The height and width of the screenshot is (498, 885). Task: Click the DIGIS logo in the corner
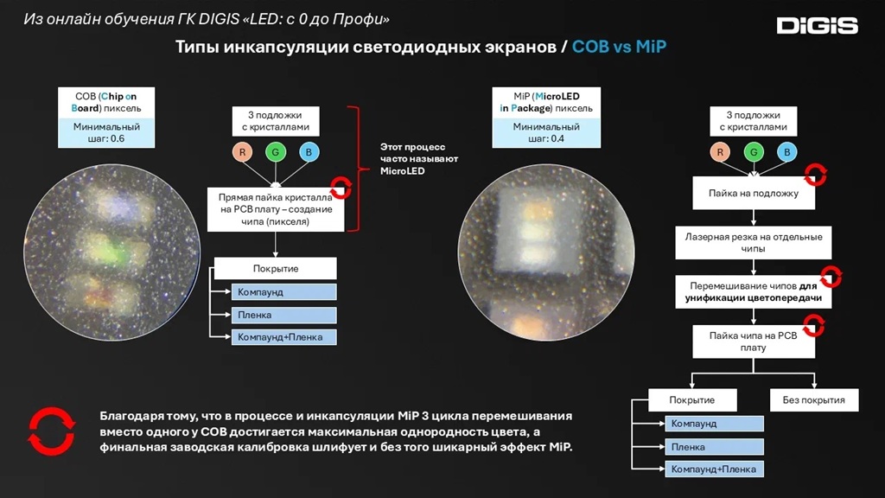pyautogui.click(x=817, y=25)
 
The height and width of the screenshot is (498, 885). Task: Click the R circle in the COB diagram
pyautogui.click(x=242, y=153)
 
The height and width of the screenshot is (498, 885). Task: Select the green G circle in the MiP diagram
pyautogui.click(x=754, y=153)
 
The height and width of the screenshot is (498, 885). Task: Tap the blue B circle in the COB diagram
pyautogui.click(x=309, y=153)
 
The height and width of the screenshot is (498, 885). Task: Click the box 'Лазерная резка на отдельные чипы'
pyautogui.click(x=754, y=243)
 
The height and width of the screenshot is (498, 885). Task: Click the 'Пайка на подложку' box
pyautogui.click(x=754, y=194)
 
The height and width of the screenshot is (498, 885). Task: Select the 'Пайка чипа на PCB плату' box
pyautogui.click(x=754, y=342)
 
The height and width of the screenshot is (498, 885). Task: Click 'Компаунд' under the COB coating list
pyautogui.click(x=283, y=292)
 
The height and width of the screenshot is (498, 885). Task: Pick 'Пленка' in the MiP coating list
pyautogui.click(x=714, y=447)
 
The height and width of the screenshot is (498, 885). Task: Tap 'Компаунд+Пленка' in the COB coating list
pyautogui.click(x=283, y=337)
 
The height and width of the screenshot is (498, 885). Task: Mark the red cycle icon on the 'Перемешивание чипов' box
pyautogui.click(x=831, y=278)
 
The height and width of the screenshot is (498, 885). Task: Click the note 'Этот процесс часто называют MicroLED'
pyautogui.click(x=419, y=159)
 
